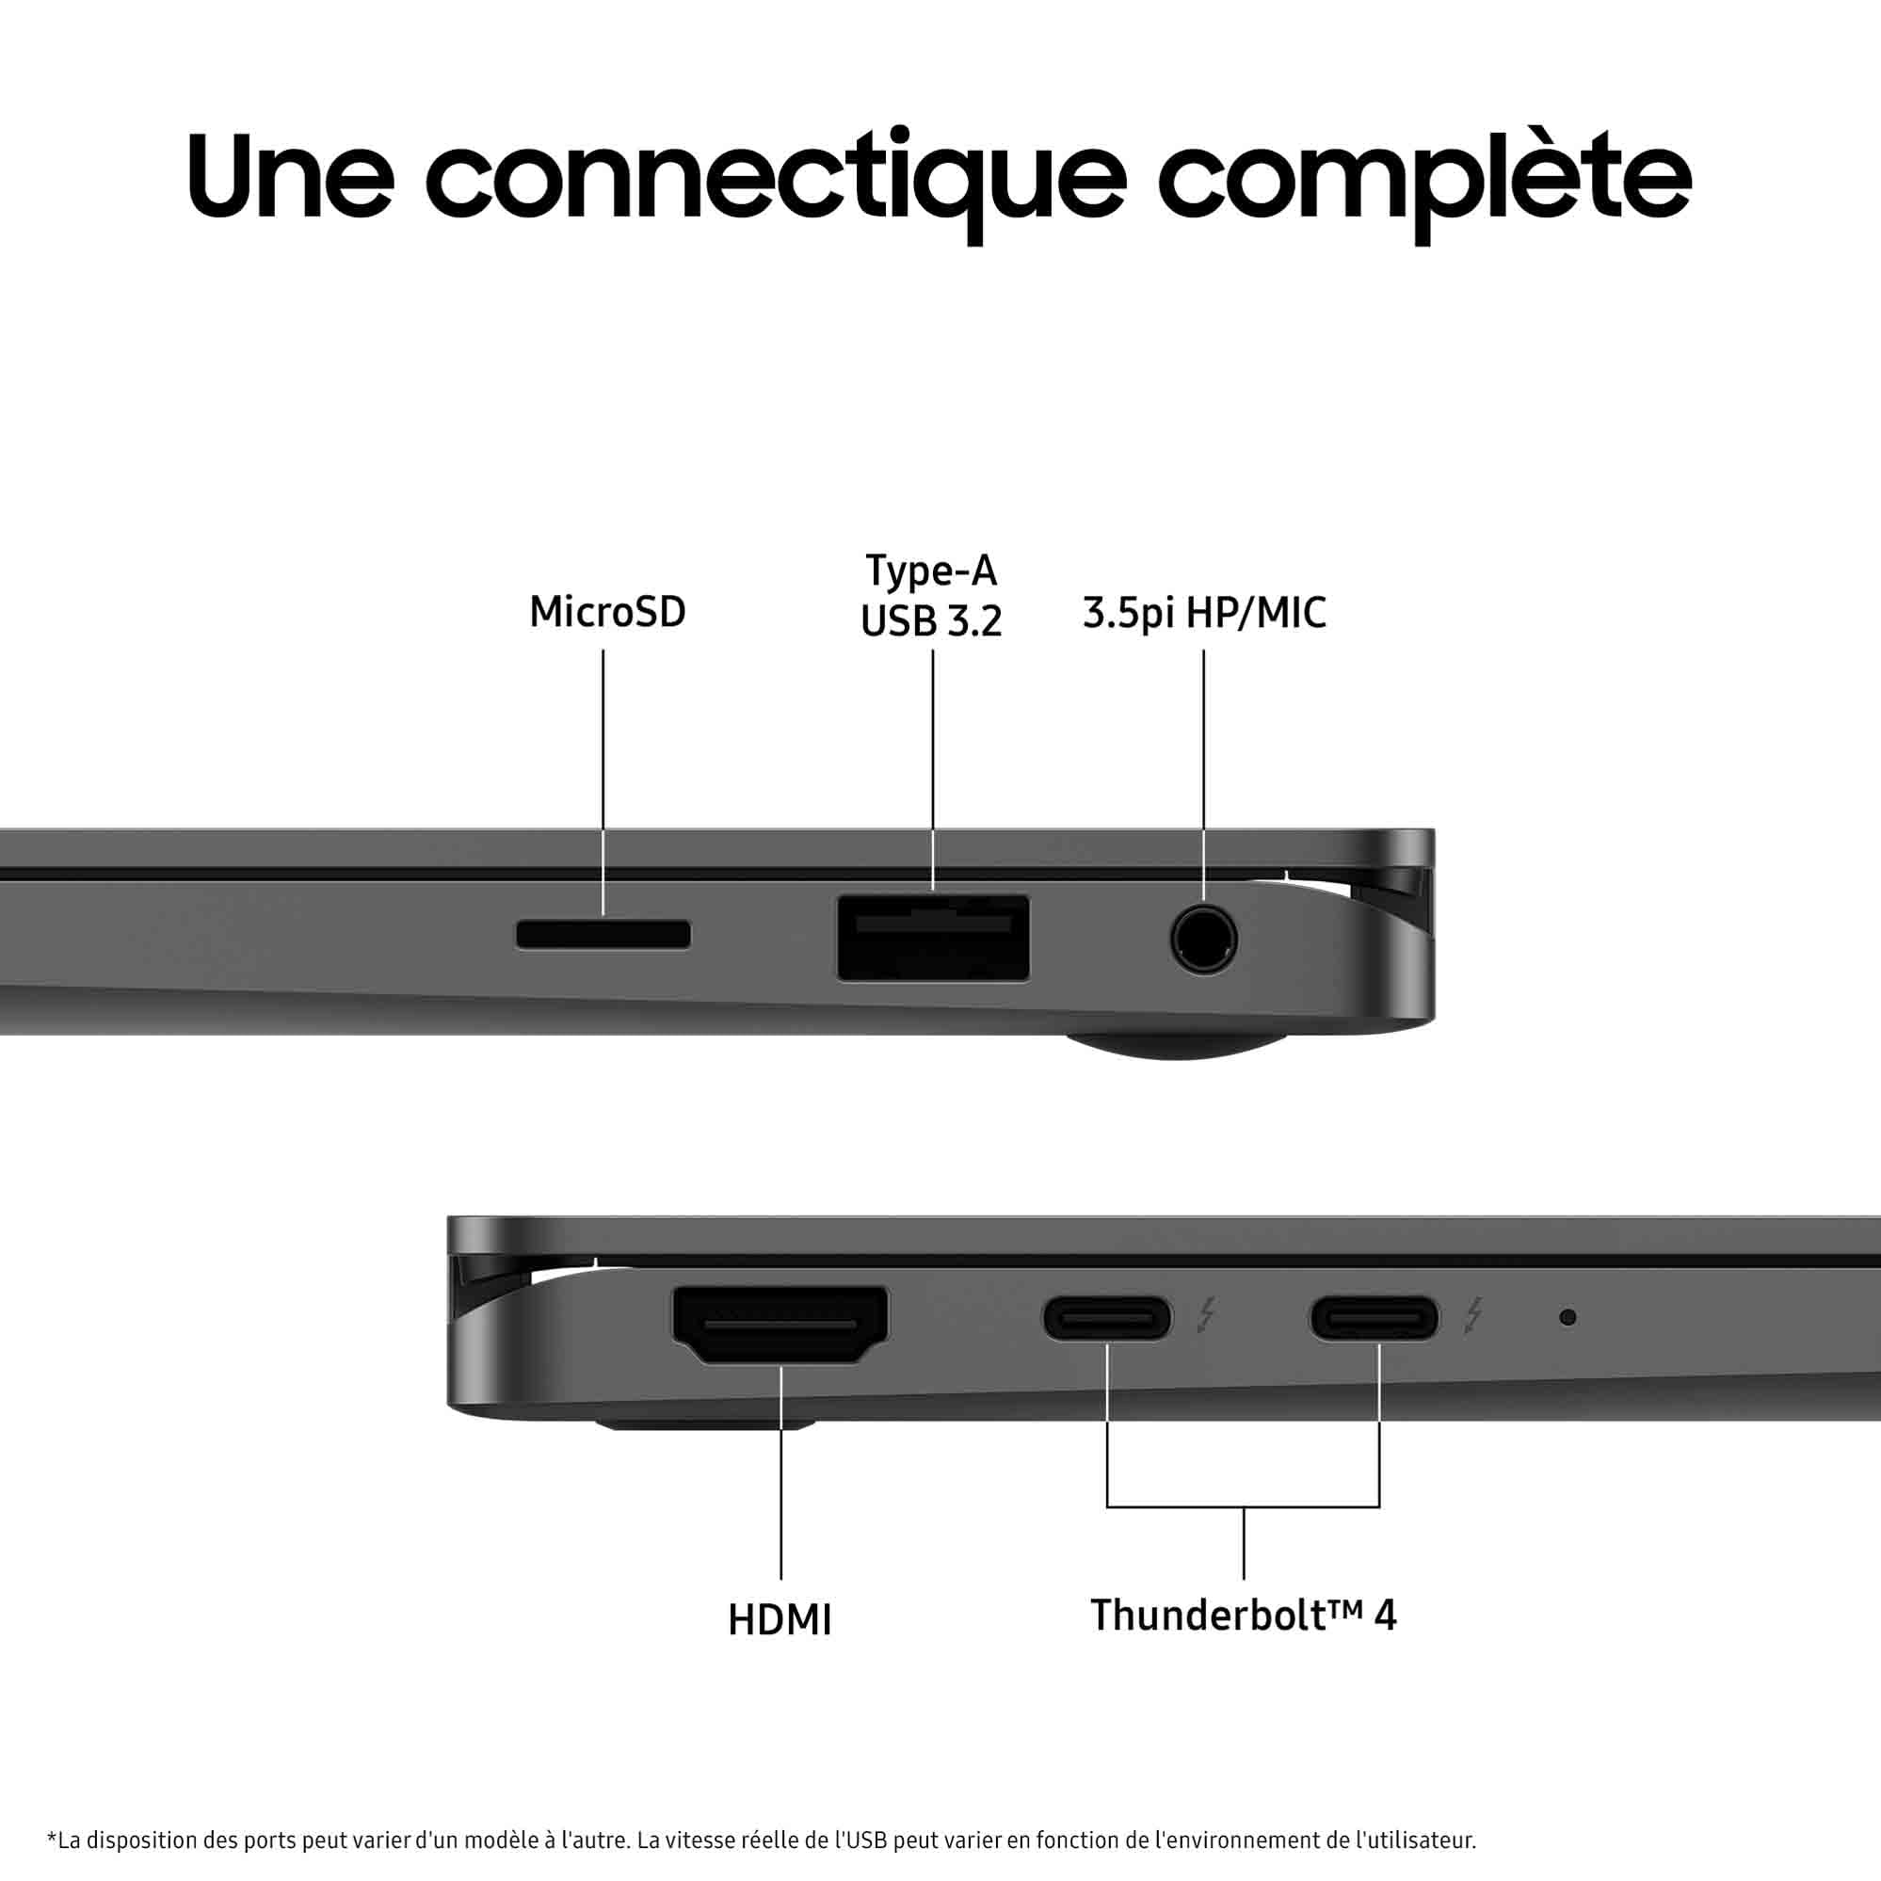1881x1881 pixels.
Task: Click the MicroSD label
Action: coord(607,612)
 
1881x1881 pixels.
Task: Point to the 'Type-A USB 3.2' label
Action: coord(931,596)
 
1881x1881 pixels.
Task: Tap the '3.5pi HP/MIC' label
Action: coord(1204,614)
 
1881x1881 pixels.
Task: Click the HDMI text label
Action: coord(780,1620)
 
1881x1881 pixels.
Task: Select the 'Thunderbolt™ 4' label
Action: coord(1244,1616)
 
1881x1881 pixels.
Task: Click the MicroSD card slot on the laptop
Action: coord(603,935)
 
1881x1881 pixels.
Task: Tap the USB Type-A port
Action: coord(933,938)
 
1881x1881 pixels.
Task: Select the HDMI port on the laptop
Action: coord(780,1325)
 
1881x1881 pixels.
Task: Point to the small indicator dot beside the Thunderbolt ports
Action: coord(1567,1317)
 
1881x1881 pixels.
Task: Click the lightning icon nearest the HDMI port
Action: coord(1206,1315)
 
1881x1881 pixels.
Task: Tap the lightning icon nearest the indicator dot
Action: coord(1474,1315)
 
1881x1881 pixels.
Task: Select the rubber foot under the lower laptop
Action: coord(706,1424)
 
